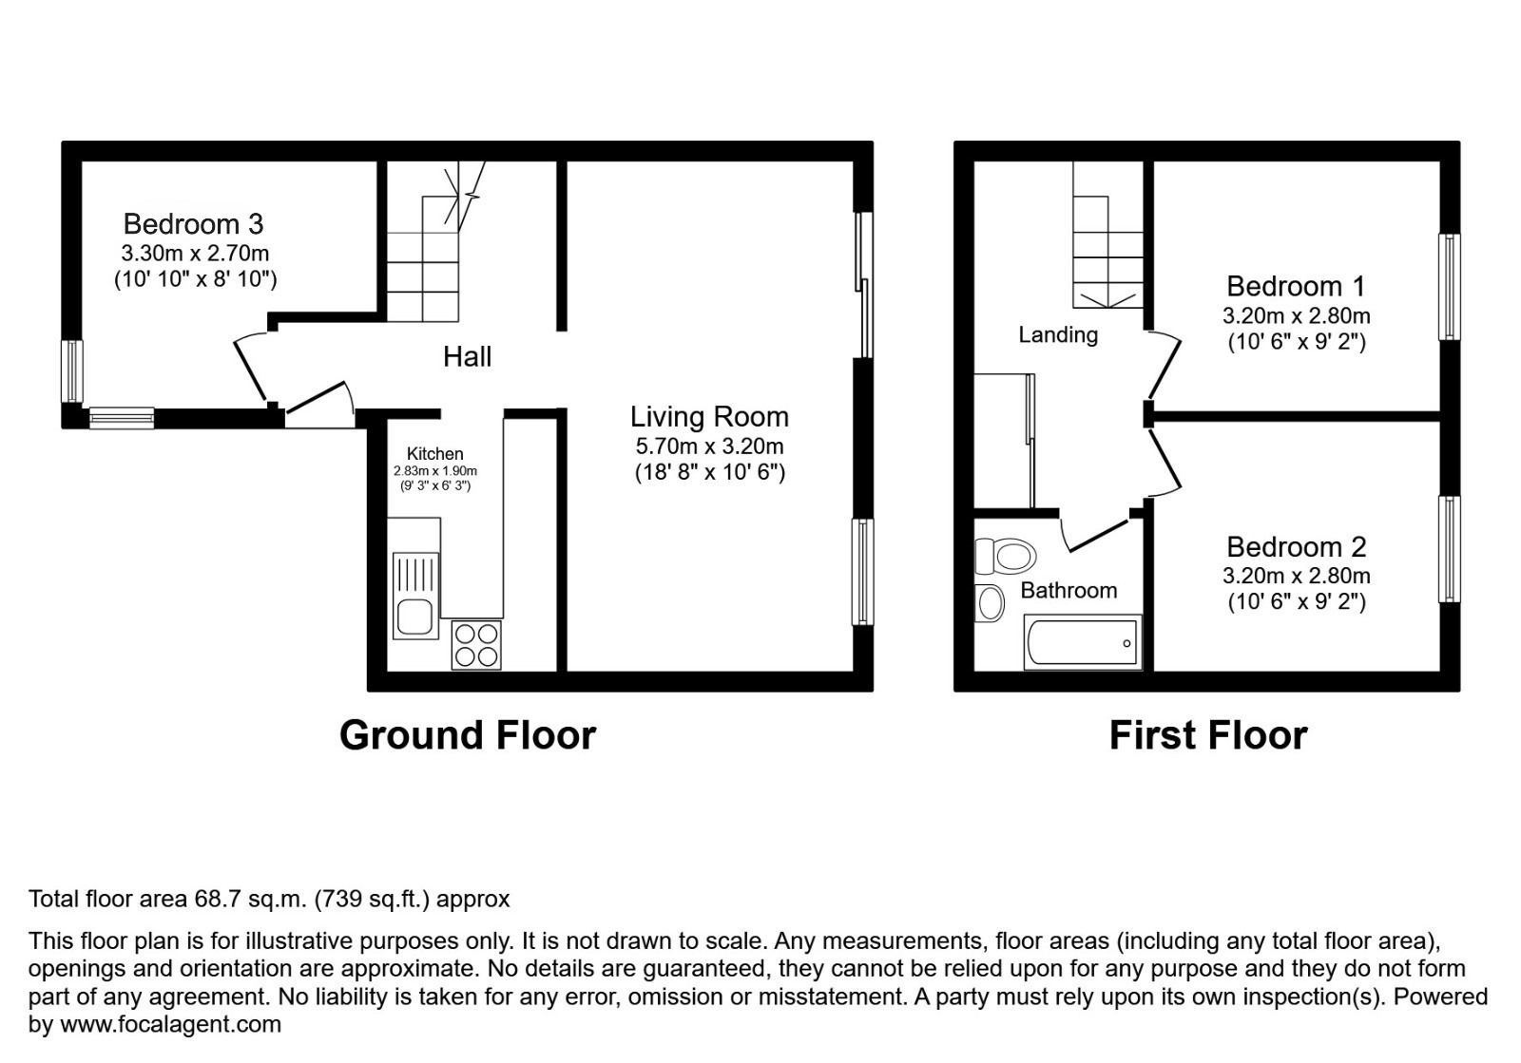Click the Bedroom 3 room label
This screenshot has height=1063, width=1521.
coord(193,224)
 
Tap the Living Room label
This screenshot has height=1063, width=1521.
coord(709,417)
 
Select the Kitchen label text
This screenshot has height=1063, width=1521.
coord(435,454)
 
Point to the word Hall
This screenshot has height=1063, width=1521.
coord(467,357)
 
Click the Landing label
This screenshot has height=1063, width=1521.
coord(1058,334)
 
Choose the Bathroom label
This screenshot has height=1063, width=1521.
coord(1069,591)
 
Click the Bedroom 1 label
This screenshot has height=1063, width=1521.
coord(1296,286)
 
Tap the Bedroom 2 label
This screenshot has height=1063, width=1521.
coord(1296,547)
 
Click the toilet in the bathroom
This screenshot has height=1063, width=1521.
coord(1005,556)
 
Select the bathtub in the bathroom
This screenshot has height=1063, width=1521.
coord(1082,643)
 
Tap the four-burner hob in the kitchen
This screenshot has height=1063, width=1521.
coord(476,644)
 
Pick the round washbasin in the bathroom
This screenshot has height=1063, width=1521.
coord(990,603)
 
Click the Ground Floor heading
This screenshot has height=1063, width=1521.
coord(467,735)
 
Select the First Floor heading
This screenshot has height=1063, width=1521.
coord(1207,736)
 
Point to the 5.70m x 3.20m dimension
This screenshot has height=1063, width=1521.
coord(709,446)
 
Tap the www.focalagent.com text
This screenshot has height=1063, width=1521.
coord(171,1025)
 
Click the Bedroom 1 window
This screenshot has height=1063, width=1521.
coord(1449,287)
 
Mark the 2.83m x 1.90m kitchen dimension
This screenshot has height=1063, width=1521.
coord(435,471)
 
